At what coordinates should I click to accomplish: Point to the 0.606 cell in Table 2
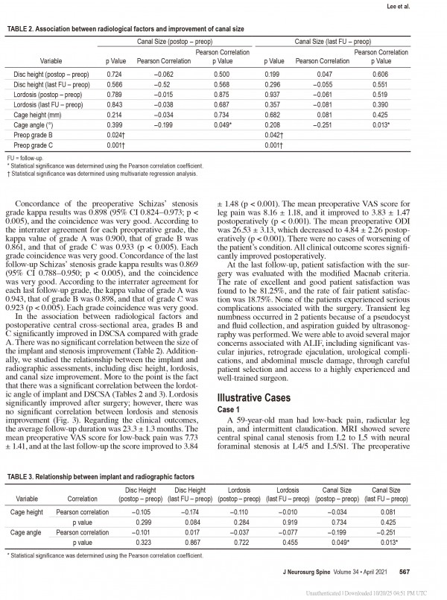[381, 75]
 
